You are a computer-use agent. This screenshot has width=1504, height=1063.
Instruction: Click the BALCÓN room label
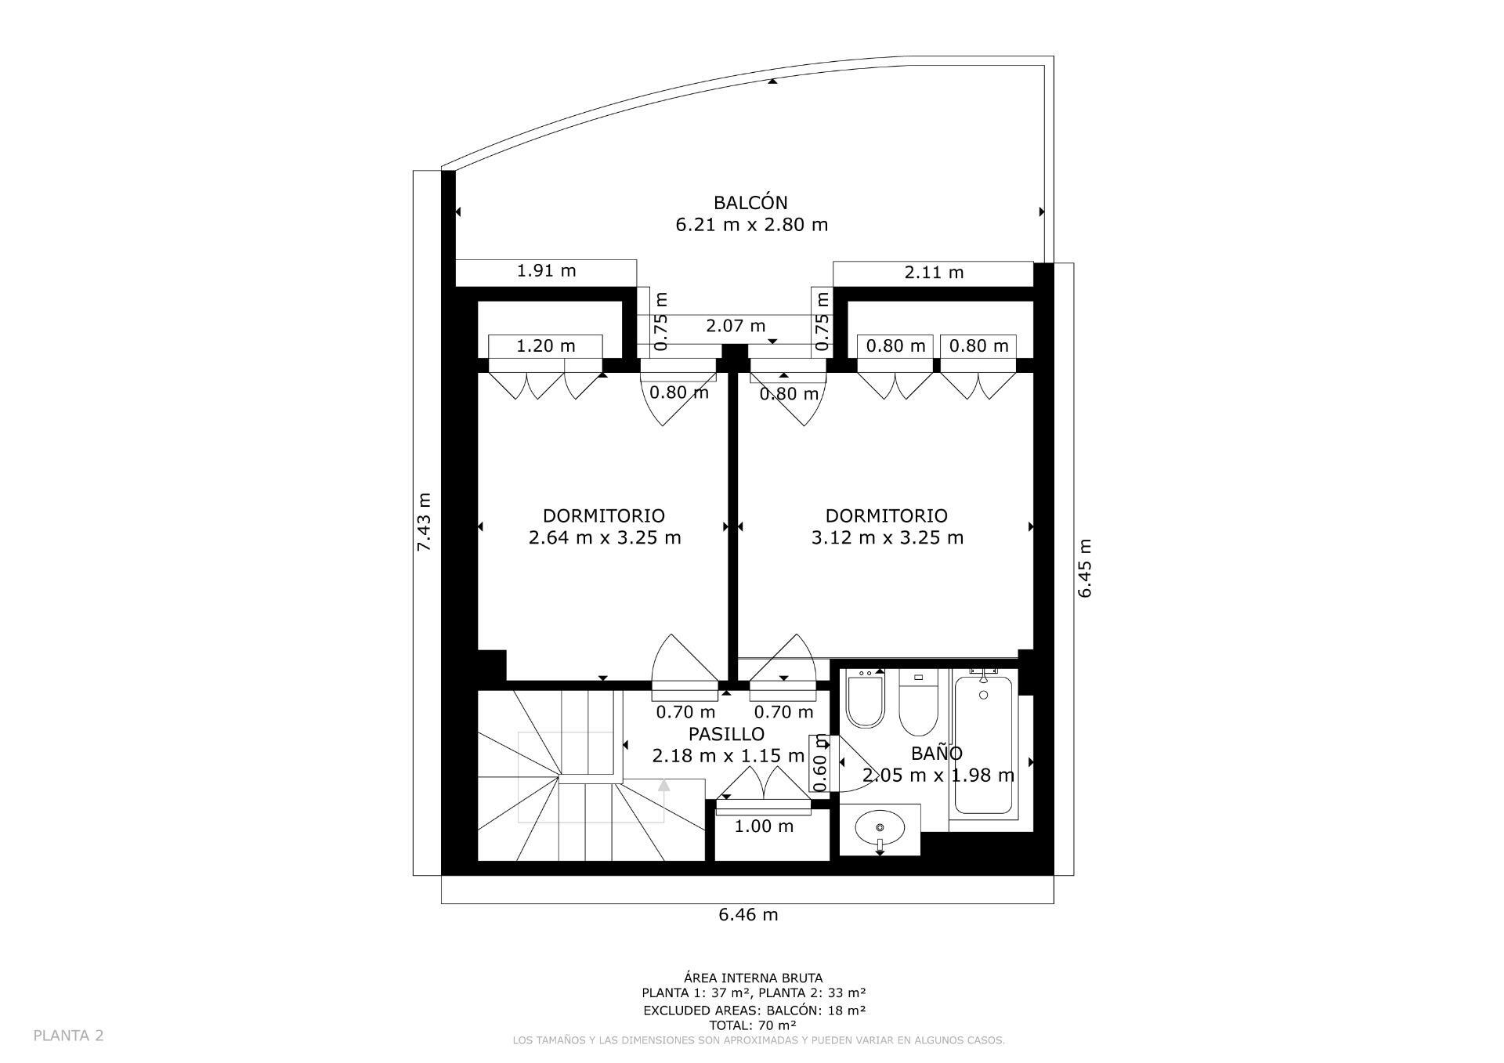click(750, 203)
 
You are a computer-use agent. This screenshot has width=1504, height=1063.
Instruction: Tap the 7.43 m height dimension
click(424, 522)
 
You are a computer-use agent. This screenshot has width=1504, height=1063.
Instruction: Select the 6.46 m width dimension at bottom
click(748, 914)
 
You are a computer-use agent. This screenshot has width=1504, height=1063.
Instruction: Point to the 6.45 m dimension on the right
click(1084, 569)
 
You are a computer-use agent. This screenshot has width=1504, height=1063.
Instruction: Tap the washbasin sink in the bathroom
click(880, 827)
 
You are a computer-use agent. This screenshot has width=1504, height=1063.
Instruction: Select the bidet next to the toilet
click(866, 700)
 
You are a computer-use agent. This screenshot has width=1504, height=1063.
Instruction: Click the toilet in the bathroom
click(919, 703)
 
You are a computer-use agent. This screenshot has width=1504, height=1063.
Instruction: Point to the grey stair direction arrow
click(663, 786)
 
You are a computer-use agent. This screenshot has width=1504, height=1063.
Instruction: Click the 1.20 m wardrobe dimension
click(545, 345)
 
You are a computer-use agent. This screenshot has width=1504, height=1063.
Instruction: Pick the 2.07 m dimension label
click(736, 326)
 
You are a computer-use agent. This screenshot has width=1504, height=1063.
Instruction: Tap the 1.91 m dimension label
click(546, 271)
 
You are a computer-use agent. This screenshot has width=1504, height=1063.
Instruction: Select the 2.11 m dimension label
click(934, 273)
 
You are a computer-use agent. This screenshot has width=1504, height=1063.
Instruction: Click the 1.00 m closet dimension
click(764, 826)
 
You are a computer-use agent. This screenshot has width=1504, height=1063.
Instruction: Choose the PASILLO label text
click(726, 734)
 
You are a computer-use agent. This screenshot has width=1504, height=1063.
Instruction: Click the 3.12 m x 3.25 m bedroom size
click(887, 537)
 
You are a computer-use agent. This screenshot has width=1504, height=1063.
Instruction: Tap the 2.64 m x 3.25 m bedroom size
click(604, 537)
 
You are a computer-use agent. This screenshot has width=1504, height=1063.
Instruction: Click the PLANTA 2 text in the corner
click(68, 1036)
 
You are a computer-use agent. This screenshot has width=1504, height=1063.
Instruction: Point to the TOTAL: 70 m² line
click(753, 1025)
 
